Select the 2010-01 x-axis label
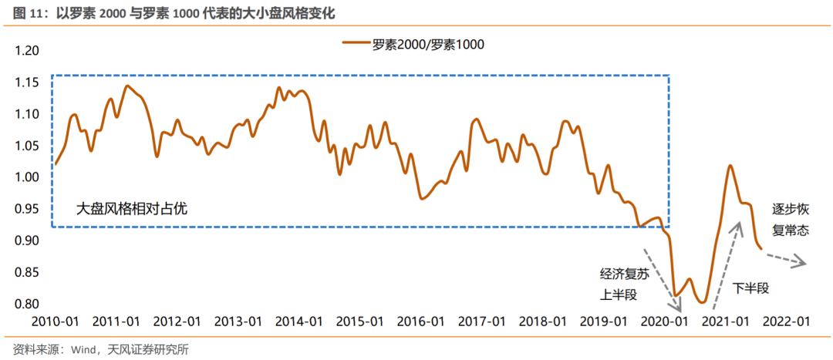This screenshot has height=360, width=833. coord(55,321)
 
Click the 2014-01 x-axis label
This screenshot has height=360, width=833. coord(298,321)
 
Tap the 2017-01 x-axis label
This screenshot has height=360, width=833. coord(481,321)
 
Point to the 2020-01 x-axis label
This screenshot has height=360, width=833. coord(663,321)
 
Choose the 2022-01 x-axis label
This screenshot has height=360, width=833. coord(784,321)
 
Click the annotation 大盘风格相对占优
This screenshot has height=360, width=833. coord(132,207)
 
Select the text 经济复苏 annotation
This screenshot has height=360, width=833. coord(622,274)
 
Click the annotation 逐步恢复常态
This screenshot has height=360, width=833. coord(791,219)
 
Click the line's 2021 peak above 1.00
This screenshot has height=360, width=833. coord(730,166)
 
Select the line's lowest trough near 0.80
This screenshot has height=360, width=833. coord(702,302)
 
